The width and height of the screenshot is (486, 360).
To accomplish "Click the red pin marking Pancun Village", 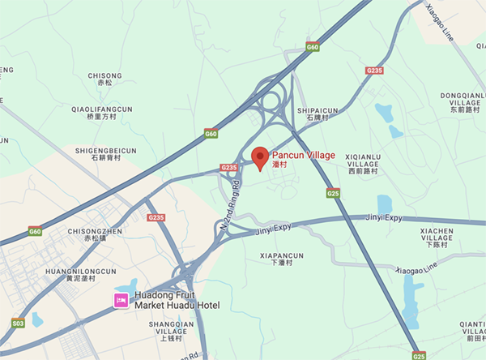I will pyautogui.click(x=260, y=157).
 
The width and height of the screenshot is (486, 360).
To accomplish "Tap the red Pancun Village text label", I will pyautogui.click(x=302, y=155).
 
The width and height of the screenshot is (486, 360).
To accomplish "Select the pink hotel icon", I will pyautogui.click(x=120, y=301).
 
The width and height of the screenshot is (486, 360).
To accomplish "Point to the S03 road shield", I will pyautogui.click(x=18, y=323).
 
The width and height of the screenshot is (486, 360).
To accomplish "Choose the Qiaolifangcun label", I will pyautogui.click(x=104, y=113).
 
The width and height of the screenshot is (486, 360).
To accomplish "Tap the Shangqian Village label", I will pyautogui.click(x=172, y=332).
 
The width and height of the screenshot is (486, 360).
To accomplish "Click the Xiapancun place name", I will pyautogui.click(x=281, y=259).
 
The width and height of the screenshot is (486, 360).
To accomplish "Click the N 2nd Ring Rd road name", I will pyautogui.click(x=231, y=207).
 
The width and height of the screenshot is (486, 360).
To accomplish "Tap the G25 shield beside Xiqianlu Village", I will pyautogui.click(x=333, y=193).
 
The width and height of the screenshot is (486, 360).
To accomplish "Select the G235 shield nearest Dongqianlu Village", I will pyautogui.click(x=373, y=71).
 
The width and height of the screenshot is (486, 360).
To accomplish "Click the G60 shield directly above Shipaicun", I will pyautogui.click(x=313, y=48).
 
